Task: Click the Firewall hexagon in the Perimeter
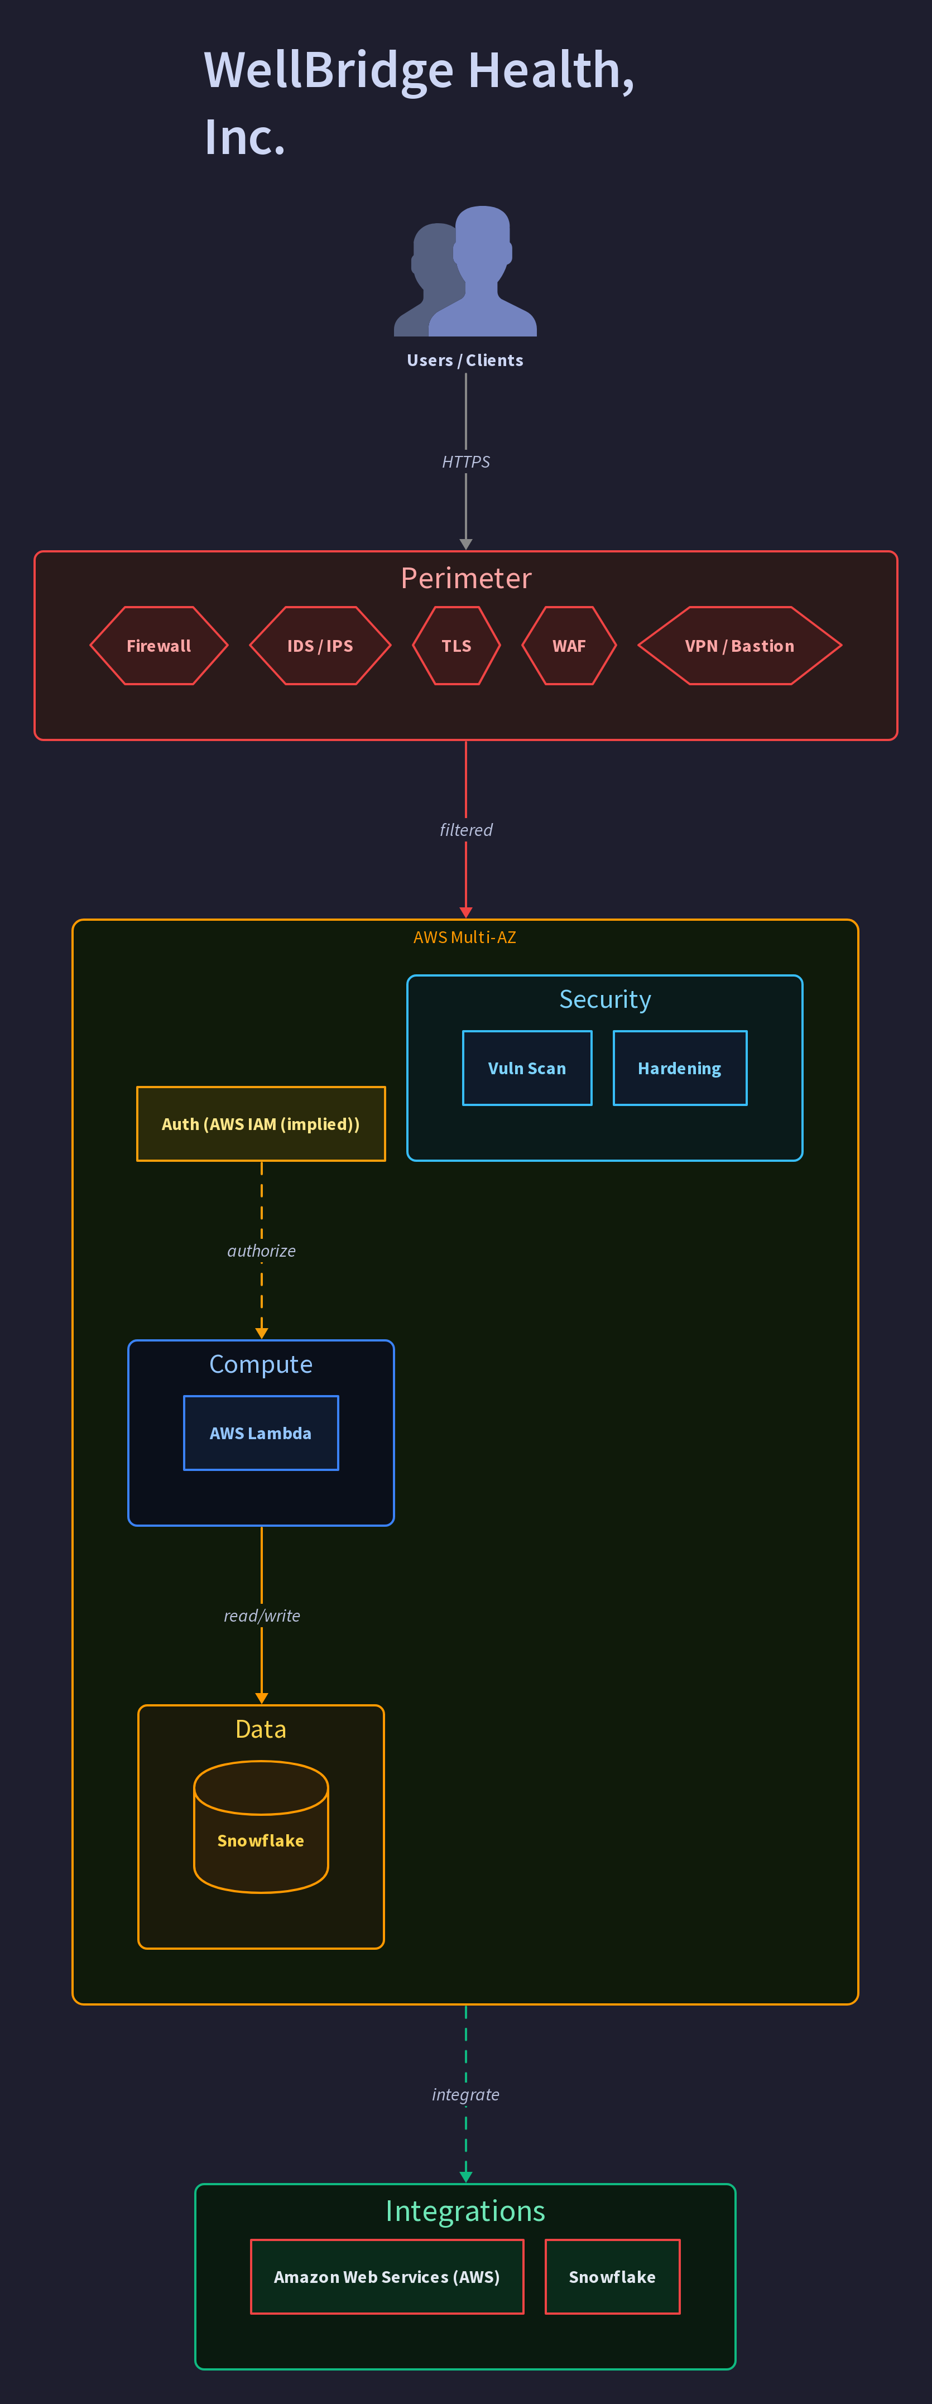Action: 158,646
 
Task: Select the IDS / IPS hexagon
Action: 320,646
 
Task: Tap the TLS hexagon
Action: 456,646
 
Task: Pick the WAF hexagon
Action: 569,646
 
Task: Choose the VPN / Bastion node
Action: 740,646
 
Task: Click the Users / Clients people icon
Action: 465,271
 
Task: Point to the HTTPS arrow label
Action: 465,462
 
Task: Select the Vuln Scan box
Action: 527,1068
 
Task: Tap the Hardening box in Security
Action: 680,1068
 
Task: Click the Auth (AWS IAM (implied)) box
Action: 261,1124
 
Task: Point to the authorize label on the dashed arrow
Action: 261,1251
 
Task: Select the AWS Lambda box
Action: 261,1432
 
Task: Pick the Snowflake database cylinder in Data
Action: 261,1826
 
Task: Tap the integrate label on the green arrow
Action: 465,2094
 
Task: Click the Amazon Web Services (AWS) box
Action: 387,2276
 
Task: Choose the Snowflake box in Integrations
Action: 613,2276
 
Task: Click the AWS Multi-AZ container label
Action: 464,937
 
